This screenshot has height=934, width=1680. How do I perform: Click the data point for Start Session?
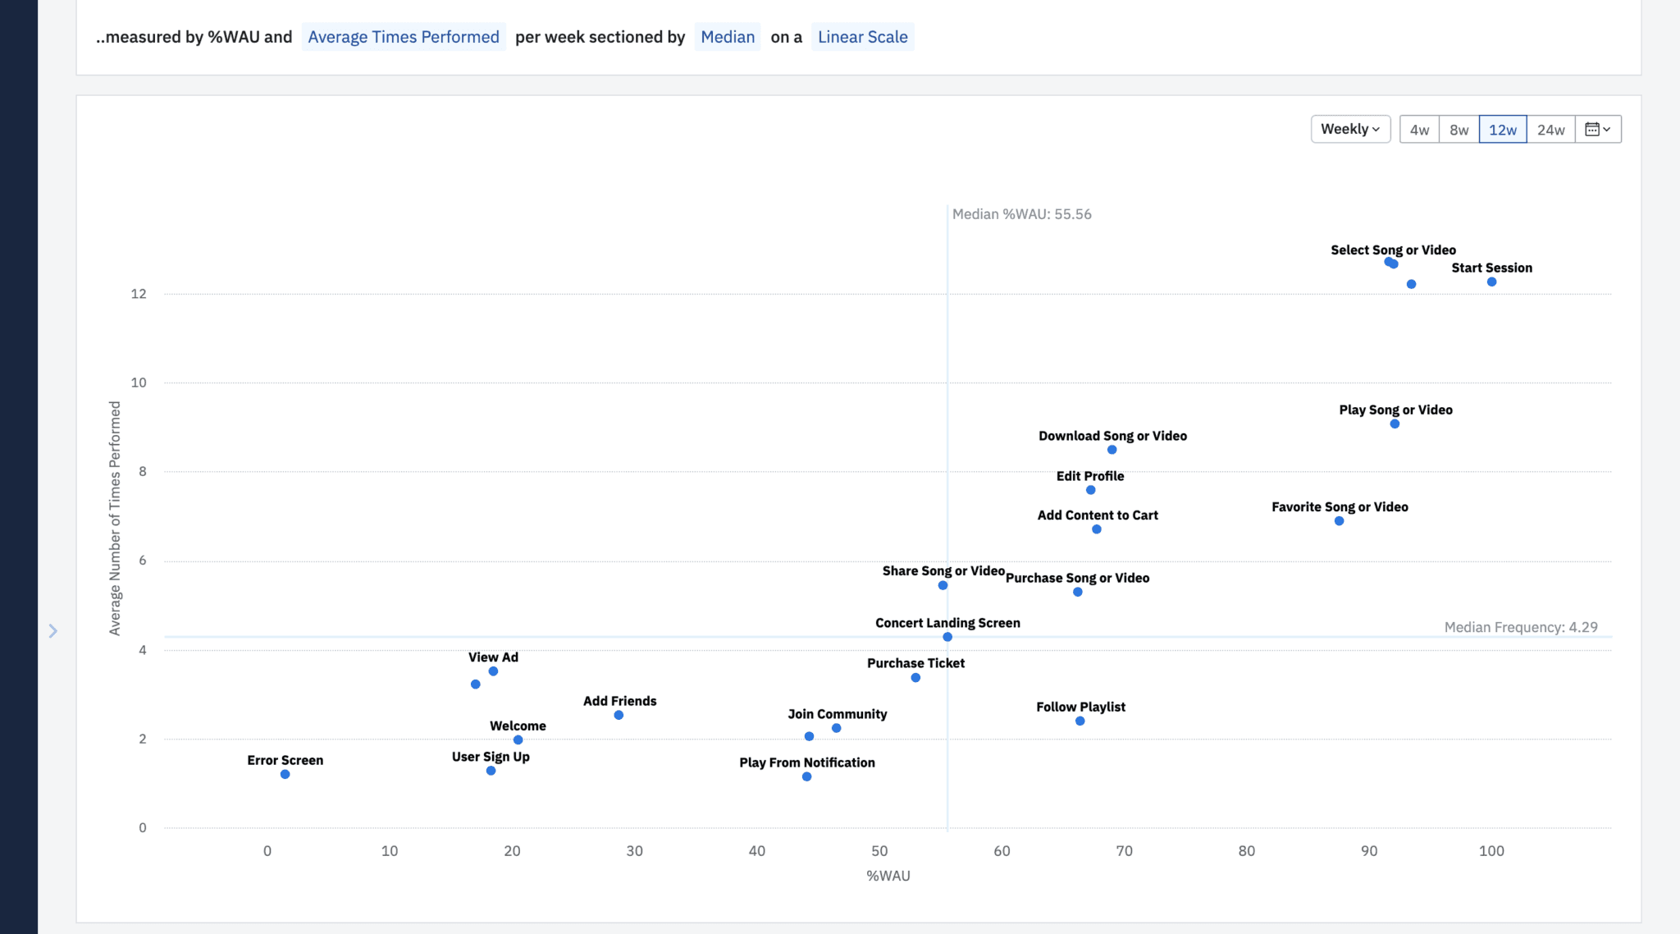pos(1491,282)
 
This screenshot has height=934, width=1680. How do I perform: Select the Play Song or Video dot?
pos(1395,424)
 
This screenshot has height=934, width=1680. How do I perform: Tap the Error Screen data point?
pos(285,775)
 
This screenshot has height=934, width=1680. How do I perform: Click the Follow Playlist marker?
pos(1080,721)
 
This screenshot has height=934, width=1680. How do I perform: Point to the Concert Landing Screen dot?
pos(947,637)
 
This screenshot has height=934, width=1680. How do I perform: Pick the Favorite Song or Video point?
pos(1339,521)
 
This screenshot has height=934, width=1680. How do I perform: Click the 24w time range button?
pos(1550,130)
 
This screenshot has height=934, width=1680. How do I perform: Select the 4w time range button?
pos(1419,130)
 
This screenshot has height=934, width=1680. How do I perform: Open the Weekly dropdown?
pos(1350,130)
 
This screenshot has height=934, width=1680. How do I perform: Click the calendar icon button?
pos(1597,130)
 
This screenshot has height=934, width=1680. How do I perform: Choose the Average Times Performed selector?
pos(403,37)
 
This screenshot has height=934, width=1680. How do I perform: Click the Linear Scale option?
pos(862,37)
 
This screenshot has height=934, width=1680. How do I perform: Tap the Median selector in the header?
pos(727,37)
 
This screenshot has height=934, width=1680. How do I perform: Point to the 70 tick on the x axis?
pos(1124,851)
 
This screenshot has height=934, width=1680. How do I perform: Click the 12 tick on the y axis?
pos(139,294)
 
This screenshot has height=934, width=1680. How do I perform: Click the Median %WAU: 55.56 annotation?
pos(1021,214)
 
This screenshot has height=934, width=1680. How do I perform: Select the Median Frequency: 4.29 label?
pos(1520,627)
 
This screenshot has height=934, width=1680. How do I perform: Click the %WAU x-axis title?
pos(888,876)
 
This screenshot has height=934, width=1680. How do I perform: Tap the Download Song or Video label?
pos(1112,436)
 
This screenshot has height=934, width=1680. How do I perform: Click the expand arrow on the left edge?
pos(52,630)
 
